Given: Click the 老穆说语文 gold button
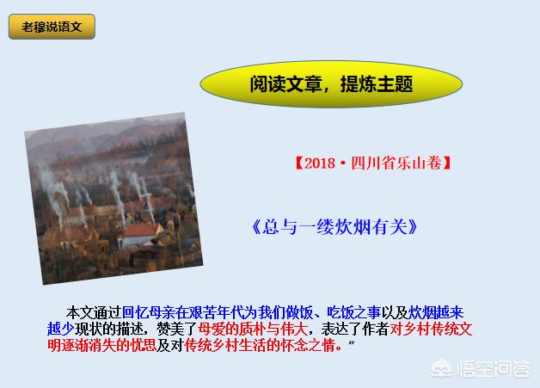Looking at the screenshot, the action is [52, 27].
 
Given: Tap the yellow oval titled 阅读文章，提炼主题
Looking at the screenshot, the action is [331, 84].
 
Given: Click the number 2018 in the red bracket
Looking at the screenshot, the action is [320, 163].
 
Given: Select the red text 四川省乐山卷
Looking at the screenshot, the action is [396, 163].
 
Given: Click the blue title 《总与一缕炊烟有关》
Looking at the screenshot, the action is [334, 227].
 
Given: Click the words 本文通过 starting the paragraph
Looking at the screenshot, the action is [94, 313].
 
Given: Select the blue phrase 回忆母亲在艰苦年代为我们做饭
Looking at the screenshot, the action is [218, 313].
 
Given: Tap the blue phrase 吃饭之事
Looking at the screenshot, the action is [353, 313].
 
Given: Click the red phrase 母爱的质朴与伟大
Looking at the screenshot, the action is [253, 329].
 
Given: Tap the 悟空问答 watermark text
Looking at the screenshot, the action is [494, 369].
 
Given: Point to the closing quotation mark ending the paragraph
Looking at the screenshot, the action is [351, 342].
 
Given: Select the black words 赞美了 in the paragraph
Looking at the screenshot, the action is [176, 329].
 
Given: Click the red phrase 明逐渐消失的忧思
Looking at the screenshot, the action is [101, 345].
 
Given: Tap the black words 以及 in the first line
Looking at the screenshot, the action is [395, 313].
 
